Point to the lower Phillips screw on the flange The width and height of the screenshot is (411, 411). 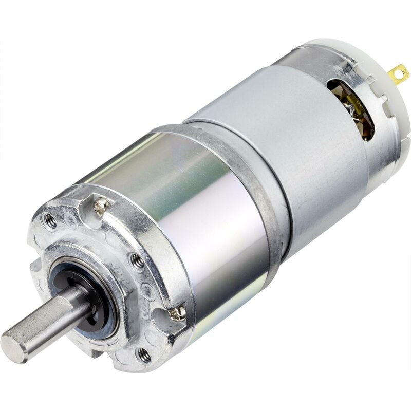coord(178,312)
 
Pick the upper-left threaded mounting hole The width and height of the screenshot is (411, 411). coord(50,221)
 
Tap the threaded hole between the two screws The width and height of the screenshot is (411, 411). coord(137,263)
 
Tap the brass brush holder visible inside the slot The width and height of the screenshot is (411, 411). coord(360,116)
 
